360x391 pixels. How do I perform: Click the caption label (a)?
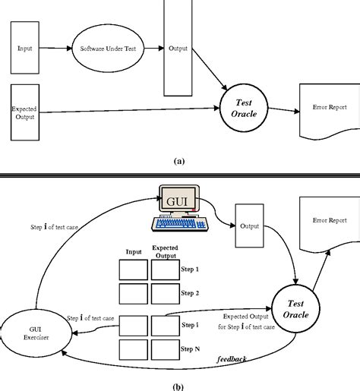(178, 161)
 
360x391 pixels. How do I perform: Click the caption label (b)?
(178, 385)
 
